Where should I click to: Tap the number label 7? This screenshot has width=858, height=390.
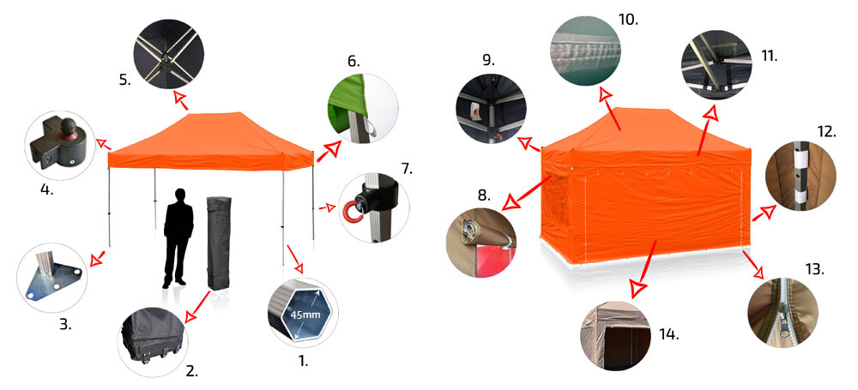[406, 169]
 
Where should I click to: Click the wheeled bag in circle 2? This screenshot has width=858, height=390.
[153, 336]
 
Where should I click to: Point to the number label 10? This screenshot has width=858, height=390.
[628, 21]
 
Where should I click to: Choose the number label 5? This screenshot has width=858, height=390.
[124, 81]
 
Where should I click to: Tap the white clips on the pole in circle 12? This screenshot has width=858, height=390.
[801, 174]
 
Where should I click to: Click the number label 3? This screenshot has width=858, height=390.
[65, 324]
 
